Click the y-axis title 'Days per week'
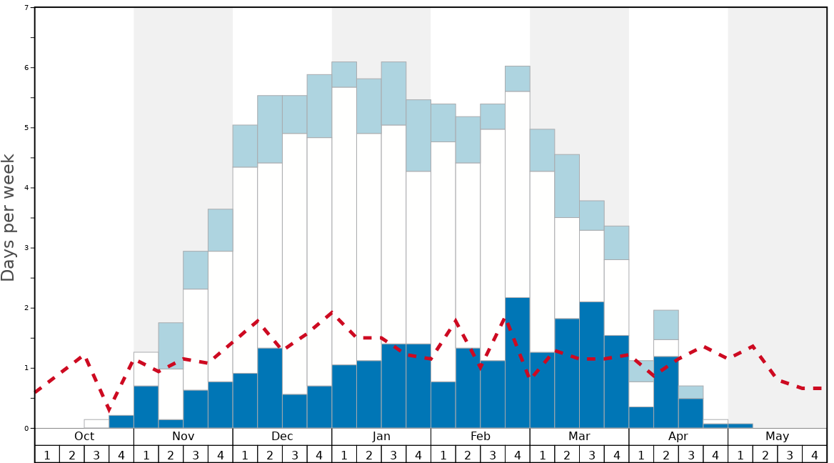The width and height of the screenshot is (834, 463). pyautogui.click(x=9, y=217)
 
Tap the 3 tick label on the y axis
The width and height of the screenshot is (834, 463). pyautogui.click(x=26, y=248)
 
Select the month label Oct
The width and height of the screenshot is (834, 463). pyautogui.click(x=84, y=437)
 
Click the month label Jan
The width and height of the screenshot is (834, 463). pyautogui.click(x=381, y=437)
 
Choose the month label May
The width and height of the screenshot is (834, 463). pyautogui.click(x=778, y=437)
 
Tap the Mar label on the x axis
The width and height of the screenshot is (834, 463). pyautogui.click(x=579, y=437)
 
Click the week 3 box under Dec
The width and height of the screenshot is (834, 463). pyautogui.click(x=295, y=454)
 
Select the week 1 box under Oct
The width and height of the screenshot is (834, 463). pyautogui.click(x=47, y=454)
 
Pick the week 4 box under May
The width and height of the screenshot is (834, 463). pyautogui.click(x=815, y=454)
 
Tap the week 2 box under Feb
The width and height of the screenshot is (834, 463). pyautogui.click(x=468, y=454)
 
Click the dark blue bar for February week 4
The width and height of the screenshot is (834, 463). pyautogui.click(x=518, y=363)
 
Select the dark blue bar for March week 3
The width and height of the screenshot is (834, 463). pyautogui.click(x=592, y=365)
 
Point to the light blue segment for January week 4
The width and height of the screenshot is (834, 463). pyautogui.click(x=418, y=136)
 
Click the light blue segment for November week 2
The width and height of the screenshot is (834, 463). pyautogui.click(x=171, y=346)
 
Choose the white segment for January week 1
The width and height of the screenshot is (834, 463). pyautogui.click(x=344, y=226)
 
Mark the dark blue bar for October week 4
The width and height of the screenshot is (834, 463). pyautogui.click(x=121, y=422)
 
